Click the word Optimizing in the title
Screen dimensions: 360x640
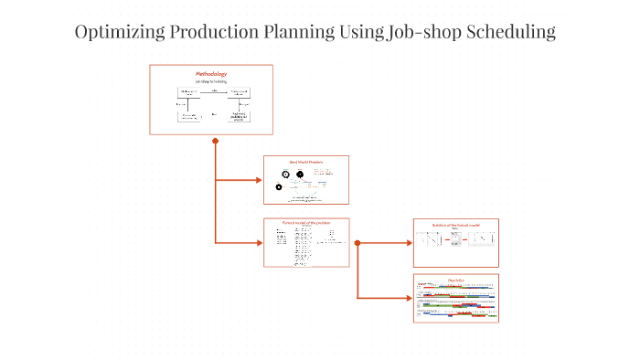[119, 32]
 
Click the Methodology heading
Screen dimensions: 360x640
[211, 73]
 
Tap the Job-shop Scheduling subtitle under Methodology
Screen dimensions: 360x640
[211, 80]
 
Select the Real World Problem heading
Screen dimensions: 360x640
[306, 162]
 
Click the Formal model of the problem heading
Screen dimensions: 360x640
[305, 223]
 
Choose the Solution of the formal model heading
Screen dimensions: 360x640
[456, 224]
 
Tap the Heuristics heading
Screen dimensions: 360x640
[456, 279]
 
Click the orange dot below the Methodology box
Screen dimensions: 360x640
[215, 141]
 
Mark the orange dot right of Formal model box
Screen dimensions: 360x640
[357, 243]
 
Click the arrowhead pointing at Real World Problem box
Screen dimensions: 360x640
[259, 180]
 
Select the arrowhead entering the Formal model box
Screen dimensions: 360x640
[259, 242]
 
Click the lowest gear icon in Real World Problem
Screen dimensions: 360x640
[279, 187]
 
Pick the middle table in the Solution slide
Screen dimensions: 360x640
[456, 239]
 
